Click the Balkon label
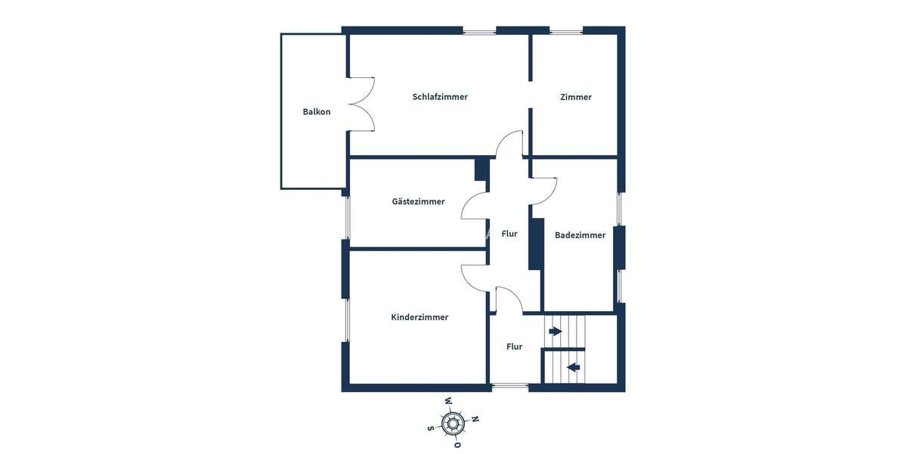317,112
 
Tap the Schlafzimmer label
440,97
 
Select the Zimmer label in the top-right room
576,97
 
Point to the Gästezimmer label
418,201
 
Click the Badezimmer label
580,235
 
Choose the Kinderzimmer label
419,317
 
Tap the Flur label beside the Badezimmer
509,234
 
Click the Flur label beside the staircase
514,347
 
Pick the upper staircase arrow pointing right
556,331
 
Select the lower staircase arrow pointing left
574,368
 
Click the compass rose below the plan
453,423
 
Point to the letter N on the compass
475,418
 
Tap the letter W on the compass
448,401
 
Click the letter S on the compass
431,428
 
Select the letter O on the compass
457,445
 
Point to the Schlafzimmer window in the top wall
479,32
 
